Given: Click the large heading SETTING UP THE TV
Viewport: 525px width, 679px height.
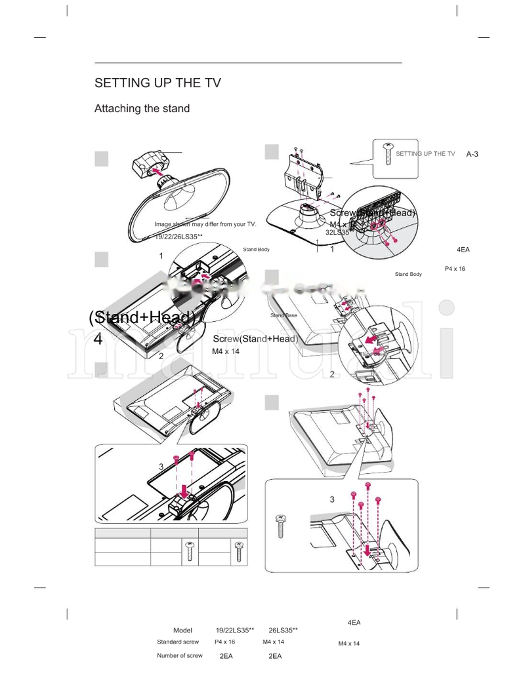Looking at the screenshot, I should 157,83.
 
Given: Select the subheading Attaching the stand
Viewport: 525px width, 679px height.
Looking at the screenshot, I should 142,108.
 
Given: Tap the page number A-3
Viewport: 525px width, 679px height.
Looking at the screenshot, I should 472,154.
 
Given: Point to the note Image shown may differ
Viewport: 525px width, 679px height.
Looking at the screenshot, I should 205,224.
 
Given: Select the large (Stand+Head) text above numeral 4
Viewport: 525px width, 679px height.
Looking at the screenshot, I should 143,317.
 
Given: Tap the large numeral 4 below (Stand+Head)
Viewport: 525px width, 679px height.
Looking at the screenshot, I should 98,339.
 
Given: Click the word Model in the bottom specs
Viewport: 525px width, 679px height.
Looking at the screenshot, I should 182,630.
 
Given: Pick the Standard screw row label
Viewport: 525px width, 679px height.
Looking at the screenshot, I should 178,642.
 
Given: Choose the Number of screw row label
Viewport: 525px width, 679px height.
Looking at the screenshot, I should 179,655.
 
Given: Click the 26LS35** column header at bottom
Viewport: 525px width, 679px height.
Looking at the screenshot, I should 283,630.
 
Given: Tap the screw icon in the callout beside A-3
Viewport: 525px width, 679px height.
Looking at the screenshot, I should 387,151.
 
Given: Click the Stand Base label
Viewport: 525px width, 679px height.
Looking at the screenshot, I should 283,315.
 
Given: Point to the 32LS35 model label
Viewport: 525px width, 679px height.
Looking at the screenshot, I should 337,232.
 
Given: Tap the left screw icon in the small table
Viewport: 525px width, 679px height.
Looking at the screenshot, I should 190,551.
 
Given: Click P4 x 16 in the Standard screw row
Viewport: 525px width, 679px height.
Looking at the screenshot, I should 224,642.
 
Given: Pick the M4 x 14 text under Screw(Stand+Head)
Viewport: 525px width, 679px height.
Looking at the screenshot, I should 226,351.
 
